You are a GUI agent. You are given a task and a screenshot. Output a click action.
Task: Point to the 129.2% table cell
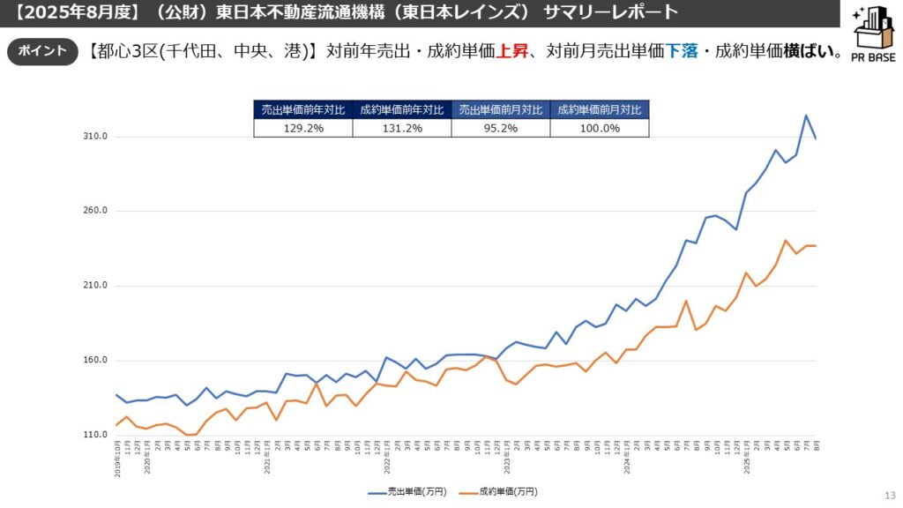coord(303,128)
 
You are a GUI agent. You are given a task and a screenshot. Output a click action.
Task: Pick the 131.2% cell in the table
coord(402,128)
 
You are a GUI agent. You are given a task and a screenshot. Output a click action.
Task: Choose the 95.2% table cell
coord(500,128)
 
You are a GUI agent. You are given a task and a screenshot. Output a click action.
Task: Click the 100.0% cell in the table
coord(600,128)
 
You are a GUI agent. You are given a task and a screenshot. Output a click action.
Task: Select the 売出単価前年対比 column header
coord(303,110)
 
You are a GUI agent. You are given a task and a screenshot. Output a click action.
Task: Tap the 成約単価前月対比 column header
coord(600,110)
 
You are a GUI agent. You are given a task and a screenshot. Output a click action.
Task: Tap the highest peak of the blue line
coord(805,116)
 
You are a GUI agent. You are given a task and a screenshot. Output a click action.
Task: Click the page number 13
coord(889,495)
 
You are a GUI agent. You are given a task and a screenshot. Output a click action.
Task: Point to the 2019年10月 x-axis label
coord(118,461)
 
